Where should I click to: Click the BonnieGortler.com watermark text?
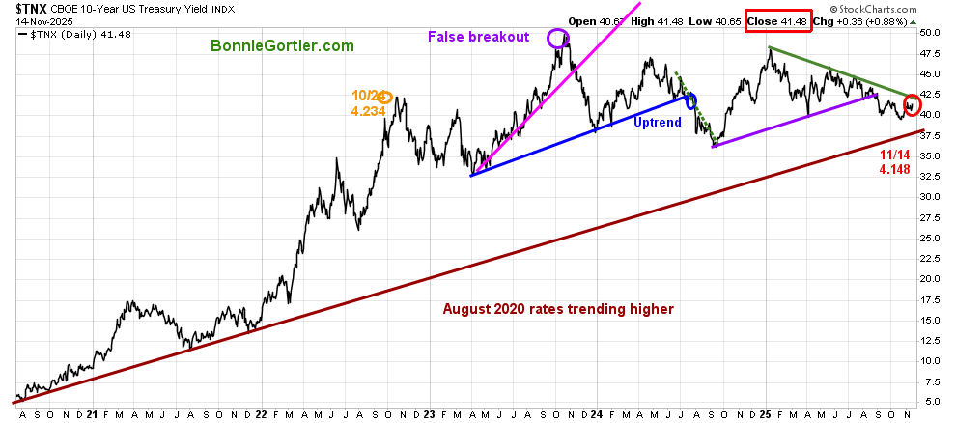(x=282, y=45)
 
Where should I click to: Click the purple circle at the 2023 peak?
(x=557, y=39)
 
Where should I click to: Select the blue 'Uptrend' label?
(x=658, y=123)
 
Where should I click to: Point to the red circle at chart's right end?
(x=912, y=104)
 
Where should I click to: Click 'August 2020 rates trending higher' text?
(x=558, y=309)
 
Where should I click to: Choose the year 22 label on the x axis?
(x=261, y=415)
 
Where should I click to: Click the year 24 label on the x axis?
(x=597, y=415)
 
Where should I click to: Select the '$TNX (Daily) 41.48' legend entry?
(x=75, y=36)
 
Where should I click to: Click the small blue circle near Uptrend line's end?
(x=690, y=99)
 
